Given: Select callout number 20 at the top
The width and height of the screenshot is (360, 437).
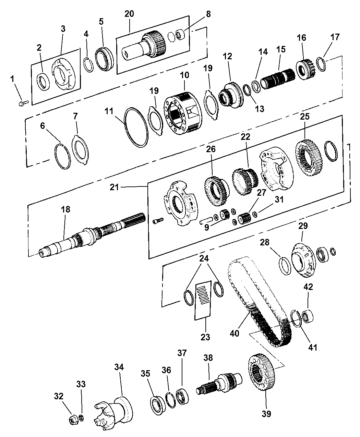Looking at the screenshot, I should pos(129,14).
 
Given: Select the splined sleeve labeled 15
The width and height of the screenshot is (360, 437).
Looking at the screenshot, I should pos(277,79).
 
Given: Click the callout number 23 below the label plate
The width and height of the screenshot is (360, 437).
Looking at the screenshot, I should pos(205,337).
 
